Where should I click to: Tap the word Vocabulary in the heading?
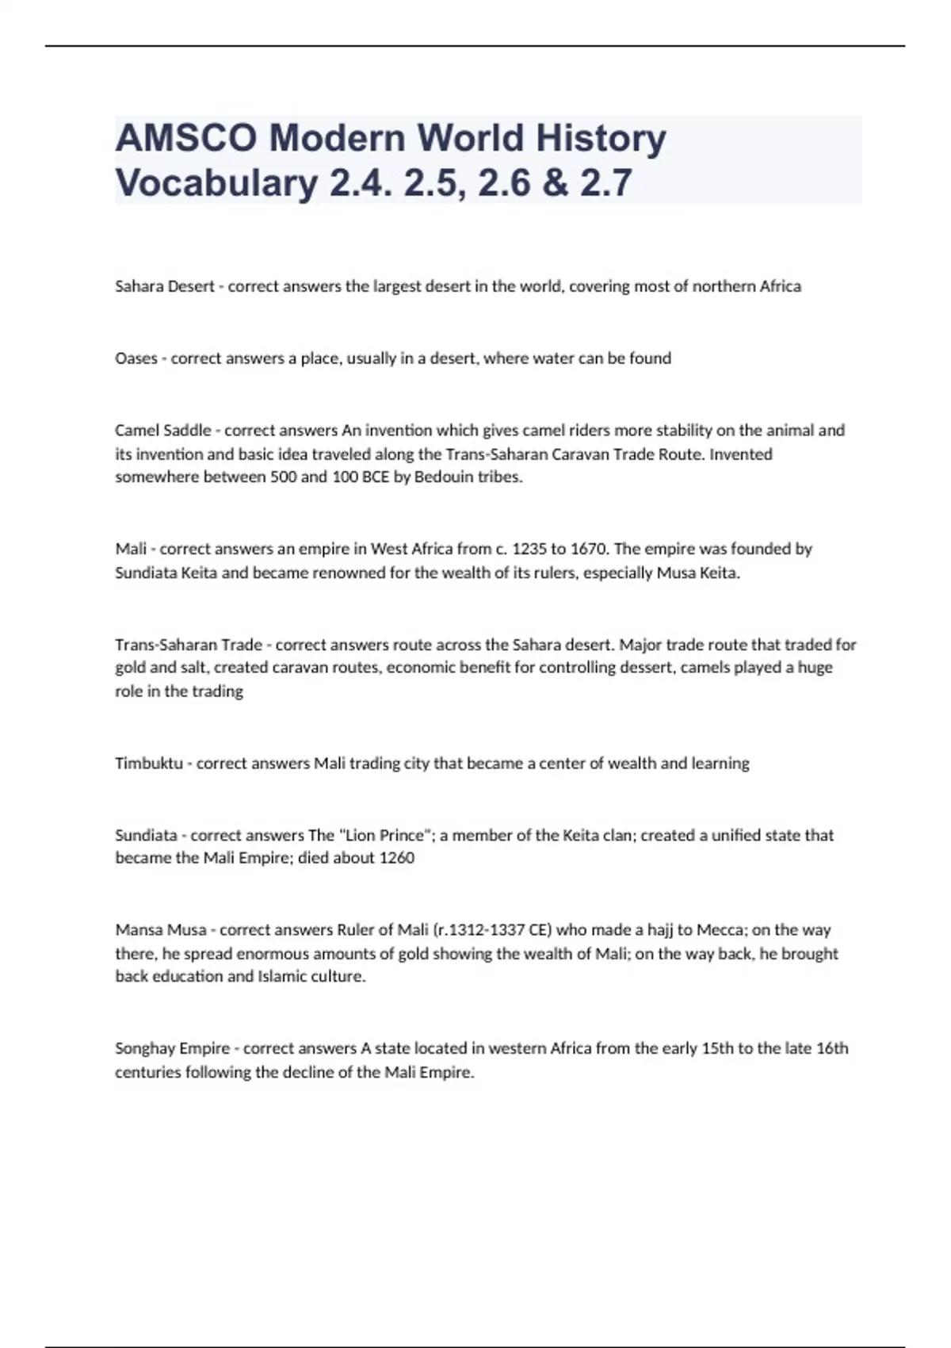click(x=216, y=183)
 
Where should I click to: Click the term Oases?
click(x=136, y=358)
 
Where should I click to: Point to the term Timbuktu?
click(x=149, y=764)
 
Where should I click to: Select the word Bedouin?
click(x=444, y=477)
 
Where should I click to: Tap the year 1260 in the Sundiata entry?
click(x=396, y=858)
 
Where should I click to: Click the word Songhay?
click(x=145, y=1048)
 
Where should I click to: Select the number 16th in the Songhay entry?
click(x=832, y=1048)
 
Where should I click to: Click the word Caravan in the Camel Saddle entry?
click(x=579, y=454)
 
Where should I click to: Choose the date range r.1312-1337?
click(x=481, y=930)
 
